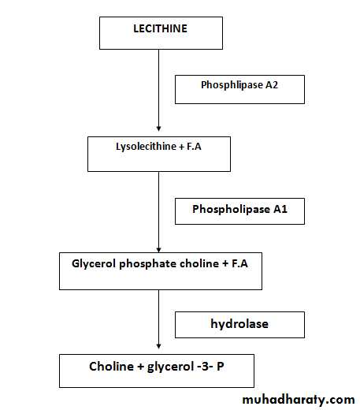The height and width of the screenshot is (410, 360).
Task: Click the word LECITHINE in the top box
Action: (x=161, y=28)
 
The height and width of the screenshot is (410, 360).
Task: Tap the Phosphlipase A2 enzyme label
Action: (x=239, y=85)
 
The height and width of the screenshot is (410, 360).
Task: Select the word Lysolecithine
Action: (x=147, y=147)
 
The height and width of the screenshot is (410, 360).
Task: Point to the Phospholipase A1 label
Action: (x=239, y=209)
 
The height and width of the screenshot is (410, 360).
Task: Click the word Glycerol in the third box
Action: (x=94, y=264)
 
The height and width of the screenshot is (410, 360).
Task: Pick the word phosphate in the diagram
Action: (x=147, y=264)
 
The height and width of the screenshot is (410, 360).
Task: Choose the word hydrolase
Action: (x=239, y=324)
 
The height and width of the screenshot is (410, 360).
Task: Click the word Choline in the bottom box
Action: (x=111, y=367)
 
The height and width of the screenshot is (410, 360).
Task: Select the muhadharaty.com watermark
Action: (x=299, y=400)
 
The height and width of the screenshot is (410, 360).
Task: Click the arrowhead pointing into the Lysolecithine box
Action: (x=158, y=129)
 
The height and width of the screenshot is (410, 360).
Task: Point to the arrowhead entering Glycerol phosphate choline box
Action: (x=158, y=250)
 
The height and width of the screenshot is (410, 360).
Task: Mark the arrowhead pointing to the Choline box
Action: (x=158, y=346)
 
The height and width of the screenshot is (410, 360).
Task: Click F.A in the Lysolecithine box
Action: (x=194, y=147)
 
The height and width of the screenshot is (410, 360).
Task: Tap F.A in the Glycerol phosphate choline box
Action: (x=239, y=264)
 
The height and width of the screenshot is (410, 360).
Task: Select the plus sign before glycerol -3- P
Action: (x=140, y=367)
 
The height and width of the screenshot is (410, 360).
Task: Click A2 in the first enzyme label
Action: (x=272, y=85)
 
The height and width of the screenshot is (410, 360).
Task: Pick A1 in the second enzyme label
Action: (x=280, y=209)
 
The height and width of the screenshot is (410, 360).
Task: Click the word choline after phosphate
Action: (x=199, y=263)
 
